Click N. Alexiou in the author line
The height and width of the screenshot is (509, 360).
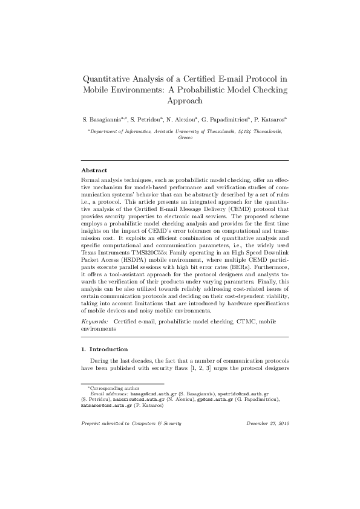[x=188, y=119]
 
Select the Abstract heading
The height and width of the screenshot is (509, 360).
[x=94, y=170]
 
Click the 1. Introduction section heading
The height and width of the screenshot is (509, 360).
[x=105, y=349]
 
